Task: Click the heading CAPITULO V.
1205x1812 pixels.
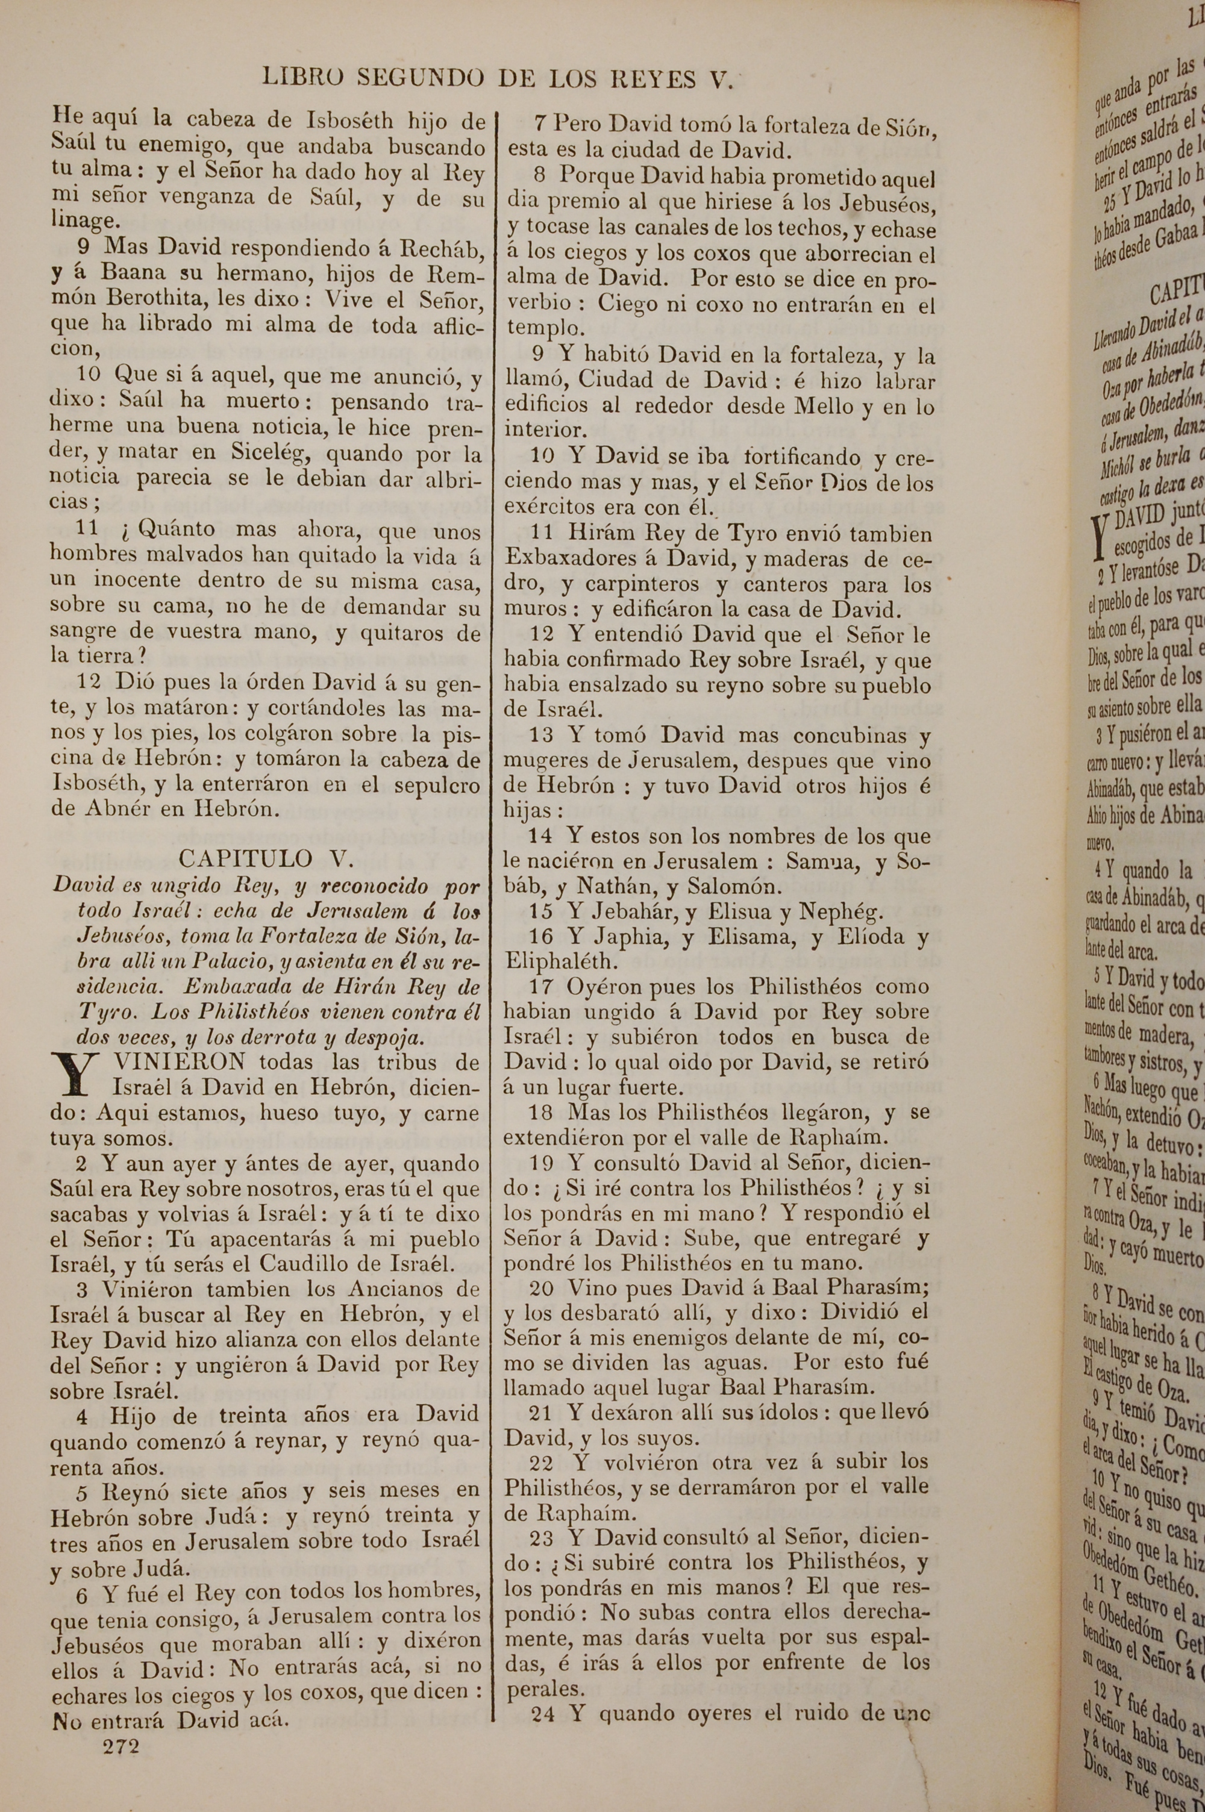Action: (x=266, y=858)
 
